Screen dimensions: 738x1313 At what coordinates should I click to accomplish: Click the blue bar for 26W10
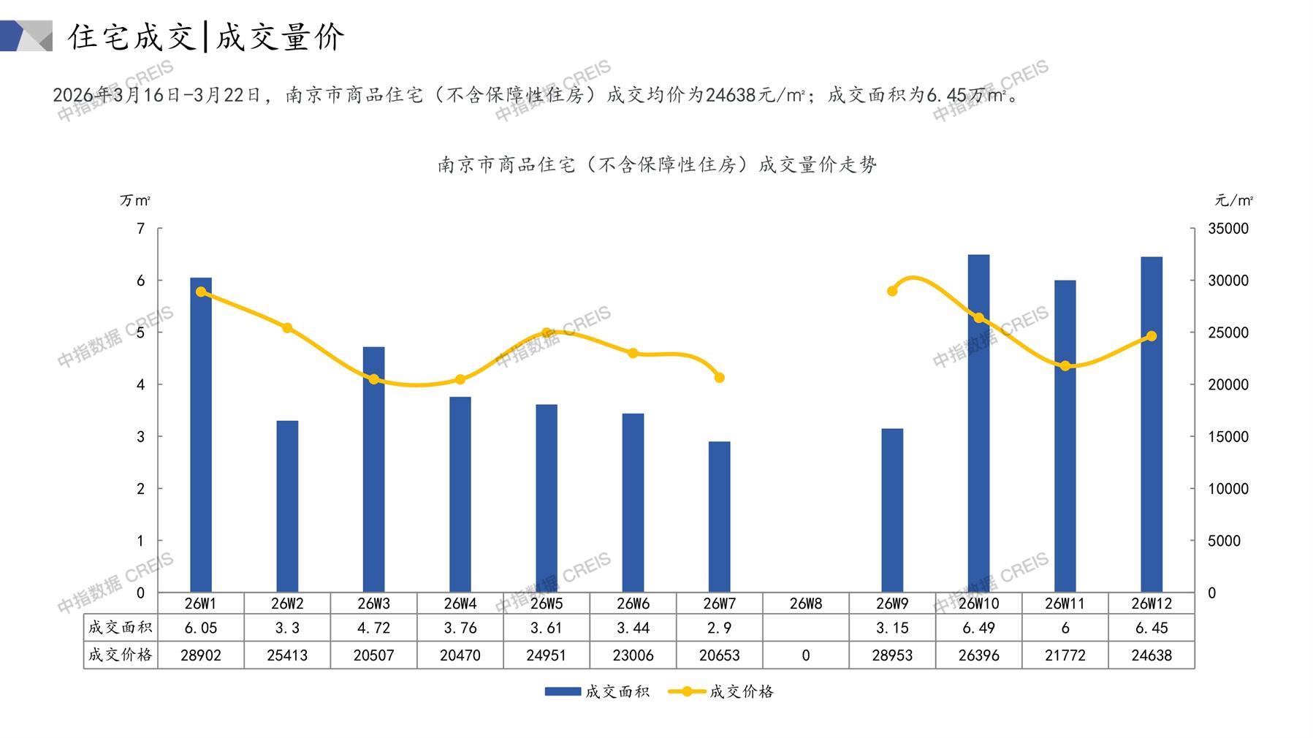[x=978, y=424]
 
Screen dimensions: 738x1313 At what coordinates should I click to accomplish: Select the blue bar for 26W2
[x=287, y=506]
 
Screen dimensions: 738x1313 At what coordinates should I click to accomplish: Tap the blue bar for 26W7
[x=719, y=517]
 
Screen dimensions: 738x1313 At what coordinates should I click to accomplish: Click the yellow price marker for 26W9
[x=892, y=291]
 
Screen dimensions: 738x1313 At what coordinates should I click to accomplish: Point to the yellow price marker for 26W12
[x=1152, y=336]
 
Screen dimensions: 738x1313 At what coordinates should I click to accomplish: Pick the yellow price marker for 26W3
[x=374, y=379]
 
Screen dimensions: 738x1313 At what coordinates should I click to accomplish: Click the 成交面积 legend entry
[x=597, y=691]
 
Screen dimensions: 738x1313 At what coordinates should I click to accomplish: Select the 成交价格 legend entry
[x=721, y=691]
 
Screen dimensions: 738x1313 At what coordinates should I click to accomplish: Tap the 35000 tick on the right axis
[x=1228, y=229]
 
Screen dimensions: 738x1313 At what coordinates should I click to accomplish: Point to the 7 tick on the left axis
[x=141, y=229]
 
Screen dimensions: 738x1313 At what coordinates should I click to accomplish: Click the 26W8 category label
[x=805, y=604]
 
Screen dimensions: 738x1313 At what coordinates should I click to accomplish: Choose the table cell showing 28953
[x=892, y=655]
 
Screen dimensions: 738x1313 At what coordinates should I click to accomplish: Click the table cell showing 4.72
[x=374, y=628]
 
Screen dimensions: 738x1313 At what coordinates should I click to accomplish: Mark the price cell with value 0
[x=805, y=655]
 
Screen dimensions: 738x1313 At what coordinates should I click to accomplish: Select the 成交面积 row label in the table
[x=121, y=628]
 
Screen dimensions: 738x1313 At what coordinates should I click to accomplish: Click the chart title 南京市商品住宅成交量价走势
[x=657, y=165]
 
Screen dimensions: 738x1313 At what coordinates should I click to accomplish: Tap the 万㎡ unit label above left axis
[x=135, y=200]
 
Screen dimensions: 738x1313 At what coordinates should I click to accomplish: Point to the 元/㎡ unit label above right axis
[x=1233, y=200]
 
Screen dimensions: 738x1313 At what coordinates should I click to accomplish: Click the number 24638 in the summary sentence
[x=731, y=95]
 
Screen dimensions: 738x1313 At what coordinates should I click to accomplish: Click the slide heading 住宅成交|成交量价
[x=206, y=37]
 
